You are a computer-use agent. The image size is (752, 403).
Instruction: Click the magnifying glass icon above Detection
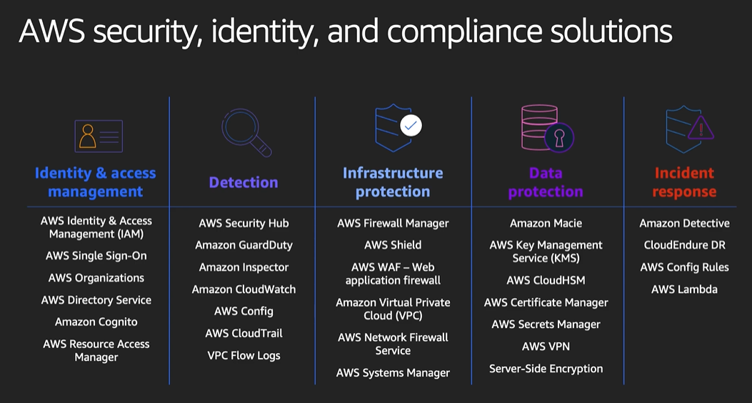(246, 131)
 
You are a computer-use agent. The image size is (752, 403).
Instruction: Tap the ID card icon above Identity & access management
(98, 136)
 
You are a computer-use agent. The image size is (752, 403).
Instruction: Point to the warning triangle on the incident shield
(701, 129)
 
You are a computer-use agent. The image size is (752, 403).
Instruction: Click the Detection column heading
(244, 182)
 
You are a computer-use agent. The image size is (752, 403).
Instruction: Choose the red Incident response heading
(684, 182)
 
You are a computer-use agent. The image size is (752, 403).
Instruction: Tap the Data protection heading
(546, 182)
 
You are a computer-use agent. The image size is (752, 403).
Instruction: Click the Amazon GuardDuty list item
(244, 245)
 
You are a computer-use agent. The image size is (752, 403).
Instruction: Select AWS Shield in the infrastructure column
(393, 245)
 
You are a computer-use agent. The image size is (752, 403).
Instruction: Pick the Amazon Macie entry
(546, 224)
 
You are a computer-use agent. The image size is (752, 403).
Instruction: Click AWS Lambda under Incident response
(684, 289)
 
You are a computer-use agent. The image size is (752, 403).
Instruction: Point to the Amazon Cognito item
(96, 322)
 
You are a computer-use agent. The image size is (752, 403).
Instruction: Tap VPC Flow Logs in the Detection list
(244, 356)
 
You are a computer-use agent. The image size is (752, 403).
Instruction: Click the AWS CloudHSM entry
(546, 280)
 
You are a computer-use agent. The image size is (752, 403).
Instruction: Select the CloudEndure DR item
(684, 245)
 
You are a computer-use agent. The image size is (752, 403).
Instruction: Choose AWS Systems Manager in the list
(393, 373)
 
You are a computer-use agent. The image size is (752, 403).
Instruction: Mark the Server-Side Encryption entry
(546, 369)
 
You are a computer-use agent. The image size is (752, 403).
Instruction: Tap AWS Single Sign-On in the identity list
(96, 256)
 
